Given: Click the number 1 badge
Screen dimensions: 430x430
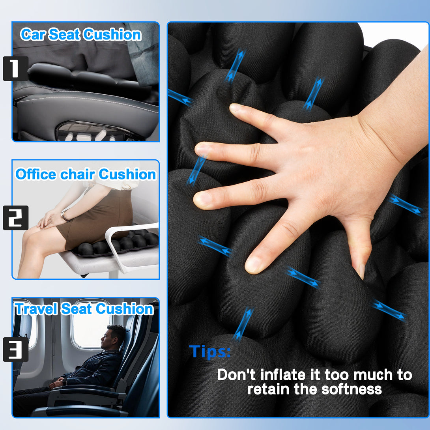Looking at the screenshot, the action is coord(15,69).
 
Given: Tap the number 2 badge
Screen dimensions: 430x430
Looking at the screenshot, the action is coord(15,218).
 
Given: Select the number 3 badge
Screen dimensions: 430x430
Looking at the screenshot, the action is coord(15,349).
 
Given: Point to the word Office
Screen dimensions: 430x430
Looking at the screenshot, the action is coord(36,174).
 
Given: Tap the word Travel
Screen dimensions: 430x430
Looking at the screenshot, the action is coord(36,309).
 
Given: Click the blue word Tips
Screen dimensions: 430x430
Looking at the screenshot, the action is coord(210,352).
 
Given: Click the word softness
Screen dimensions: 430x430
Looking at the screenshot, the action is coord(351,389).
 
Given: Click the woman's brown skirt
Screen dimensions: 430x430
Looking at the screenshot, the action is coord(96,219).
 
